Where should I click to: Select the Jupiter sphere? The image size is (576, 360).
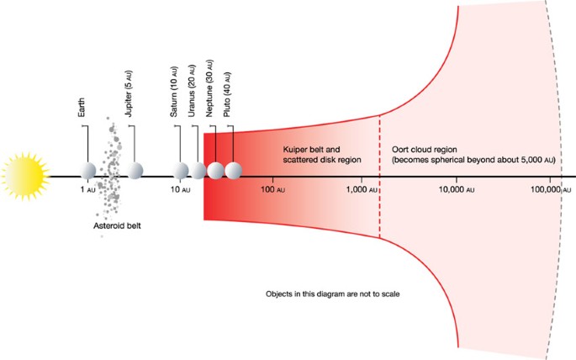point(135,171)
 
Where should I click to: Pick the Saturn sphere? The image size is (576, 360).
point(181,171)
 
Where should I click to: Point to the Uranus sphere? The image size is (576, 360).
point(199,171)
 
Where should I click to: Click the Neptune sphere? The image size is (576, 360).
point(216,171)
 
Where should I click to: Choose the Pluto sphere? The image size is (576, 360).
point(234,171)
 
